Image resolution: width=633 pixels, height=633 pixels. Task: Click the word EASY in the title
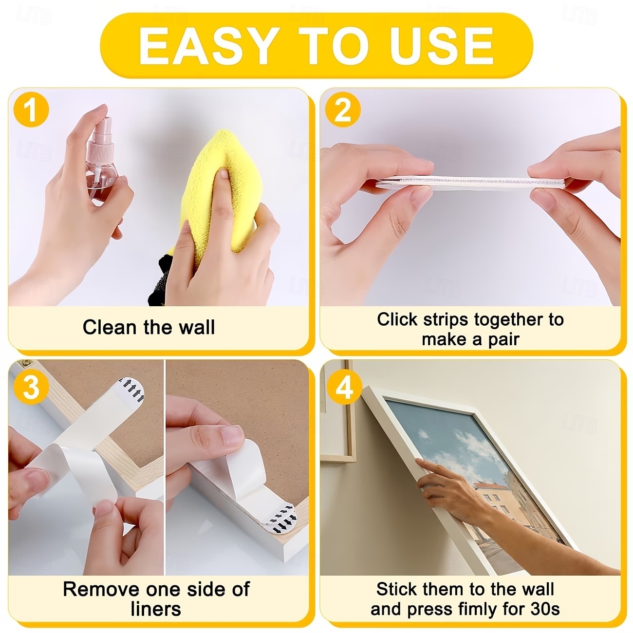pyautogui.click(x=207, y=46)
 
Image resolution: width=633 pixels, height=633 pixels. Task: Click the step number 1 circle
pyautogui.click(x=32, y=110)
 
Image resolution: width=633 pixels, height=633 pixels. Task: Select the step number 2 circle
pyautogui.click(x=343, y=110)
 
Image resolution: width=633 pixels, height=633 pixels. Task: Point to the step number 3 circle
pyautogui.click(x=32, y=387)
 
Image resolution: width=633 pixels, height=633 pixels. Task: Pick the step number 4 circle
pyautogui.click(x=344, y=387)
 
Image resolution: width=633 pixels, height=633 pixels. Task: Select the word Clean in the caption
pyautogui.click(x=110, y=328)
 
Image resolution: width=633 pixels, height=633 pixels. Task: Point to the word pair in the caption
pyautogui.click(x=503, y=340)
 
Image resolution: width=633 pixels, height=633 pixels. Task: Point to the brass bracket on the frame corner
pyautogui.click(x=26, y=364)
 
